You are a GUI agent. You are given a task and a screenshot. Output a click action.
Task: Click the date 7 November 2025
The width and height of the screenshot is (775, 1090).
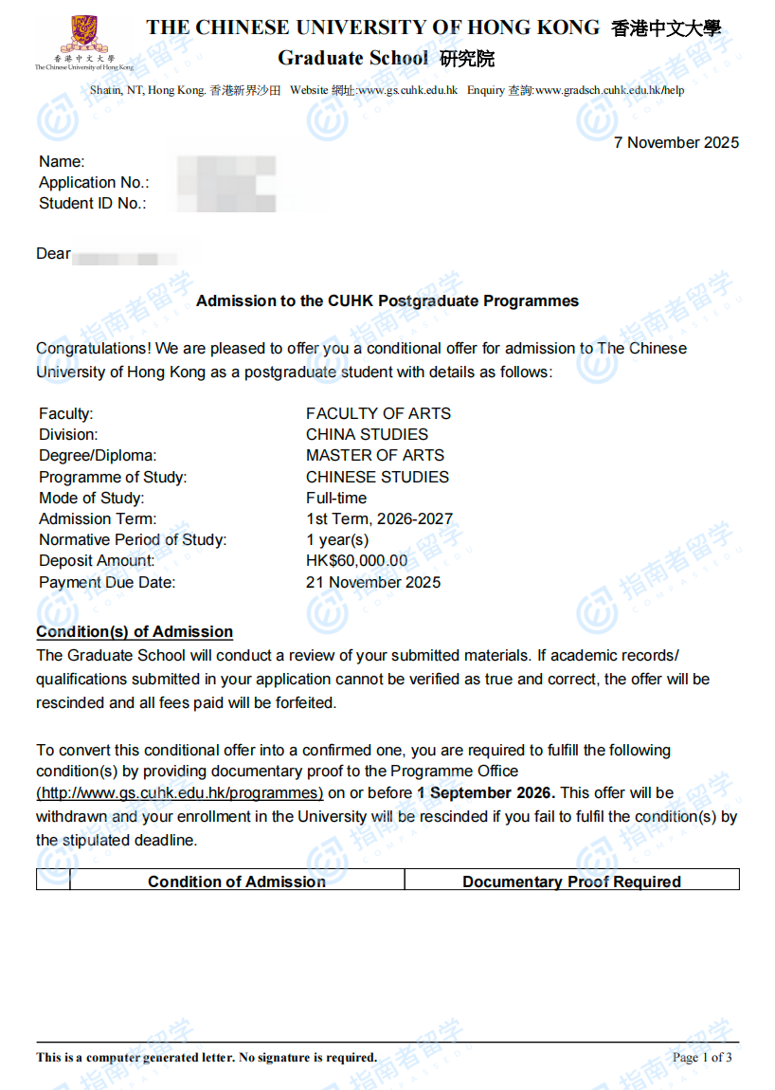[676, 143]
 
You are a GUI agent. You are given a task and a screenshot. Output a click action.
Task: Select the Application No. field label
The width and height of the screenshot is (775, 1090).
[94, 183]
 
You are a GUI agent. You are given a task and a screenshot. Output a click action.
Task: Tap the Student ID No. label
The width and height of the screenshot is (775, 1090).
[93, 204]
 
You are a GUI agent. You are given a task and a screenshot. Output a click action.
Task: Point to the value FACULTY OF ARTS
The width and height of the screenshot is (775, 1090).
[378, 413]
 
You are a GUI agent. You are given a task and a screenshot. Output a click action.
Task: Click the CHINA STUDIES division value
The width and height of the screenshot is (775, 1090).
[367, 434]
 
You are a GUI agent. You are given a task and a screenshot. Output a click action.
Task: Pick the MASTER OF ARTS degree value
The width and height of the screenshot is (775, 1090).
[375, 455]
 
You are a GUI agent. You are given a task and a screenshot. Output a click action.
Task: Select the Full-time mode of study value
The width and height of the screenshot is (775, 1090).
[336, 498]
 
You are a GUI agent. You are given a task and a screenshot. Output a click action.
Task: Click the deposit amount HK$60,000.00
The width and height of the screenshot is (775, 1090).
[357, 561]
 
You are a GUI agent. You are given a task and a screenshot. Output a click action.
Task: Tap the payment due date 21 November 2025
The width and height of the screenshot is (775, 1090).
[373, 582]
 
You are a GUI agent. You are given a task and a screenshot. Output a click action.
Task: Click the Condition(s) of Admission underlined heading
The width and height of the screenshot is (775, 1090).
[135, 632]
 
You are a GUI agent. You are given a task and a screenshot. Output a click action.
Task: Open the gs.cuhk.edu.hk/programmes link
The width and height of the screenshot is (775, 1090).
[180, 793]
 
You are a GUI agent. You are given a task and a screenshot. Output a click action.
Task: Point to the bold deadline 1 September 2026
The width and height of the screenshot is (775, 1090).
[486, 793]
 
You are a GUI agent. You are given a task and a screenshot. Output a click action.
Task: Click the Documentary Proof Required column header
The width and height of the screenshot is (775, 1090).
[571, 881]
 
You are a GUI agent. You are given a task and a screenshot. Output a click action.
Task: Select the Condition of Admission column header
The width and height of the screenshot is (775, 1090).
[237, 881]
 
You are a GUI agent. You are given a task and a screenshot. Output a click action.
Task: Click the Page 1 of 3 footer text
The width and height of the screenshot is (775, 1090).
[701, 1058]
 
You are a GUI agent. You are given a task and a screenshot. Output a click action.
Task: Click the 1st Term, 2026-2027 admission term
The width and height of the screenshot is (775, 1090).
[379, 518]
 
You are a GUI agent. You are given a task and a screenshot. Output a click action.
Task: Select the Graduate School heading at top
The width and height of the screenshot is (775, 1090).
[352, 59]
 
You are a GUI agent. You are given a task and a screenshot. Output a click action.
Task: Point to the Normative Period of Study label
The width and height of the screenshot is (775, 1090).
[133, 540]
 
